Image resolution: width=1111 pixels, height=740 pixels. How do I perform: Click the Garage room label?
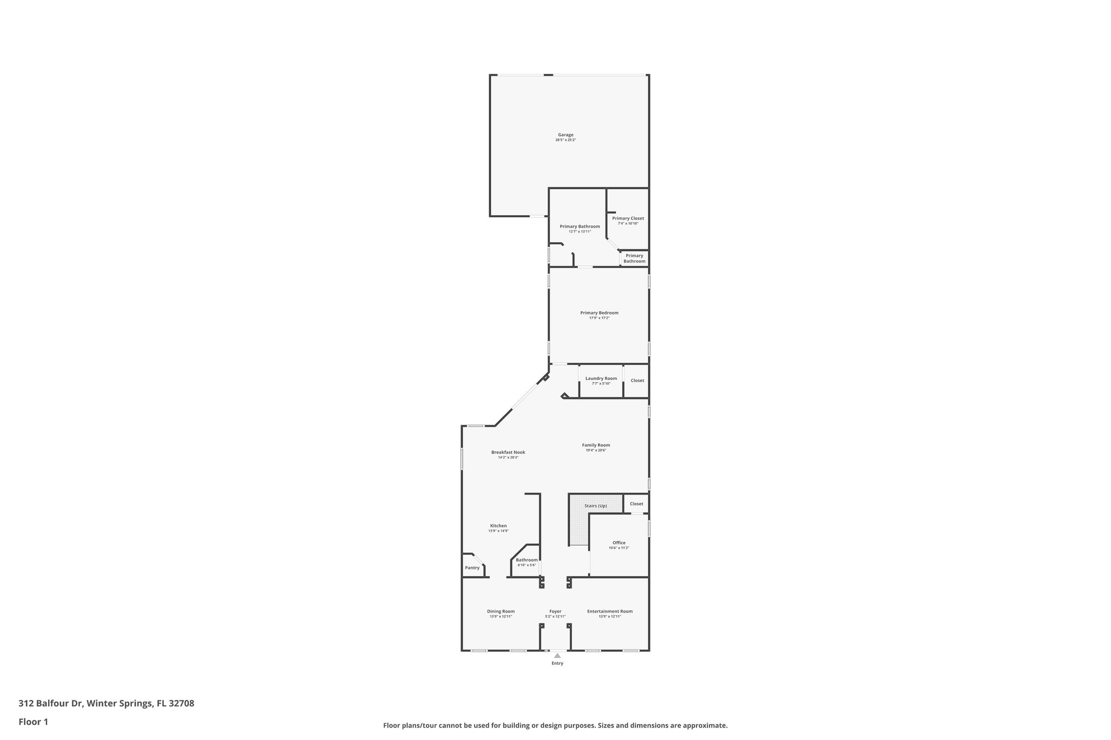coord(565,135)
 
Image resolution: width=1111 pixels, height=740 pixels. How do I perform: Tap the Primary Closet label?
coord(628,218)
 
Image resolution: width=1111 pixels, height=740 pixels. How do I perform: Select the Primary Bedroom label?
coord(599,313)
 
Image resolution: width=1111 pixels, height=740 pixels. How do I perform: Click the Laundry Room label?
coord(601,378)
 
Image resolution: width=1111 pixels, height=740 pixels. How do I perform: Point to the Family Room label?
coord(596,445)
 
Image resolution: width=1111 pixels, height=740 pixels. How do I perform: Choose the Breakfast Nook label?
coord(508,452)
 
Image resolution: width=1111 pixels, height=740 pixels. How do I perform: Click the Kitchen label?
coord(498,526)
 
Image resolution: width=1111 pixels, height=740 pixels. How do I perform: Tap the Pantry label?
coord(472,568)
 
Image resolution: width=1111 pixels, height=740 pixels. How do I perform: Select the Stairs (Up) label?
coord(595,506)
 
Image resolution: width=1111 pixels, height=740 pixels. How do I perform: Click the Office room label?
coord(619,543)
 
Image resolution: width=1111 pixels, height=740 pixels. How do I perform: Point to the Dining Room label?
coord(501,612)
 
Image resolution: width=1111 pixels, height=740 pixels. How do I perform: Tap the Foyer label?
coord(555,612)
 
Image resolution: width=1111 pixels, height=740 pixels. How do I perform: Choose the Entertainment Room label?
coord(610,612)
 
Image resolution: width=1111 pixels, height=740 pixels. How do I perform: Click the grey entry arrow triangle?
coord(557,655)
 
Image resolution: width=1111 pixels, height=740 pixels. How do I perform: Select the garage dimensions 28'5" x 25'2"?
coord(565,140)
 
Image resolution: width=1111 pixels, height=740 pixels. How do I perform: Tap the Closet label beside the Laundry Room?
coord(637,381)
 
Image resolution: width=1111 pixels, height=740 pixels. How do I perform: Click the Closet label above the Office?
coord(636,504)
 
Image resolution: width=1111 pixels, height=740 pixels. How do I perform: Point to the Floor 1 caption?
coord(33,722)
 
